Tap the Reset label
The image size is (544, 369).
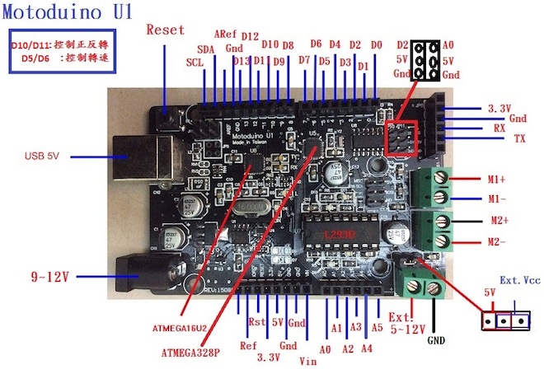coord(165,30)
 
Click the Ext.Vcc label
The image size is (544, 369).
coord(520,281)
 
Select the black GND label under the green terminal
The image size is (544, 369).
coord(436,339)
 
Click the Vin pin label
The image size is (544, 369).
coord(307,359)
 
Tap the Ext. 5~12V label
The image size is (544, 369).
coord(400,322)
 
